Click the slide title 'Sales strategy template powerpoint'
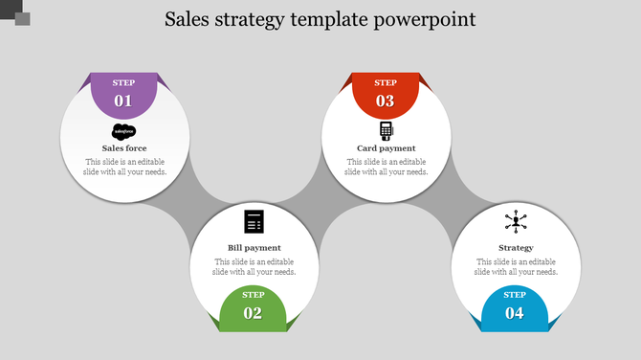[320, 19]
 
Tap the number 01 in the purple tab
[123, 101]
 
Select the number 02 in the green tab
[253, 313]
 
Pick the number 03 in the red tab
[385, 101]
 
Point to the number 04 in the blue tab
[515, 313]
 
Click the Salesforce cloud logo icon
[124, 131]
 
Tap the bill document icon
[254, 221]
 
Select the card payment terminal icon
[386, 131]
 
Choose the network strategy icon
[516, 222]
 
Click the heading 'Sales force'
[124, 148]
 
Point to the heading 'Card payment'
[386, 148]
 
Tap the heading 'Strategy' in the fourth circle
[516, 248]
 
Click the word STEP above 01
[123, 83]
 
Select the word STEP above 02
[254, 295]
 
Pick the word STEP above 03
[385, 83]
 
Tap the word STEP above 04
[515, 295]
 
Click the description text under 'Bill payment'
[254, 266]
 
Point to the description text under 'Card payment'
[386, 167]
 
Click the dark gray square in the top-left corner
[22, 18]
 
